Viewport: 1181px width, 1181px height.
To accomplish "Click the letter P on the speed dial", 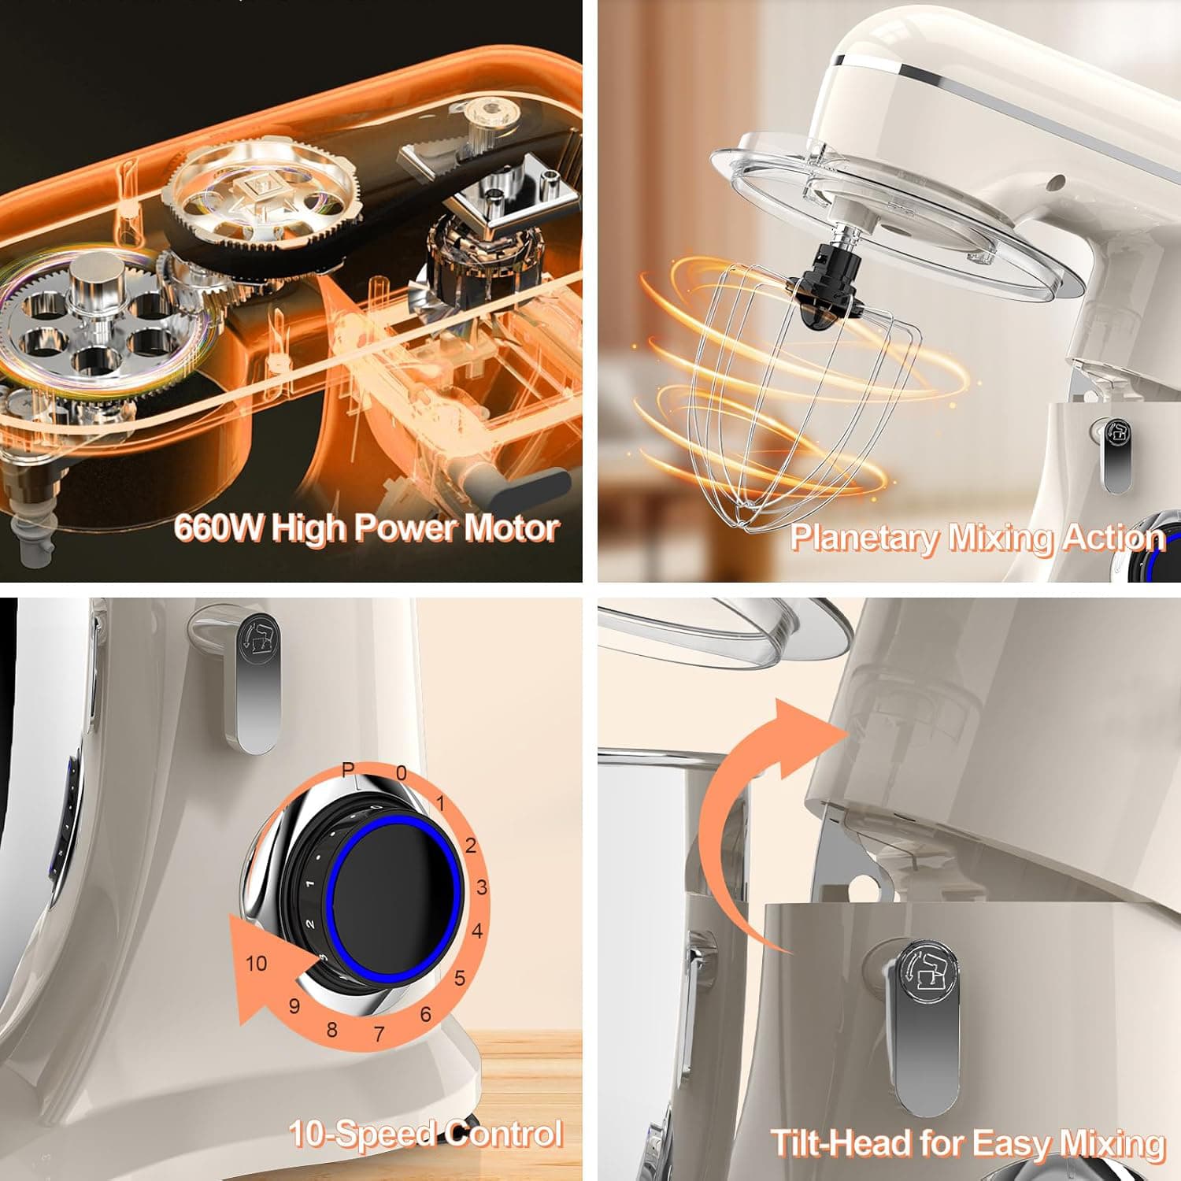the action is click(x=348, y=771).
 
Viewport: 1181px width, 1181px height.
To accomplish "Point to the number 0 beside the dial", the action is click(x=402, y=773).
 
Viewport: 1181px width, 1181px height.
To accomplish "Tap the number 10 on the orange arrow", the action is click(x=257, y=963).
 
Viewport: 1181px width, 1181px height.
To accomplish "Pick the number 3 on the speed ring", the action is click(x=482, y=888).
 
